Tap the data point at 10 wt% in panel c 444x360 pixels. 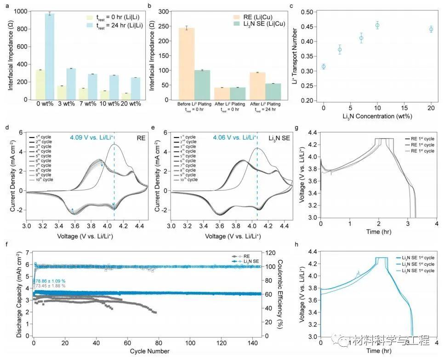coord(377,25)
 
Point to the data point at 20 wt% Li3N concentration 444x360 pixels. coord(431,29)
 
